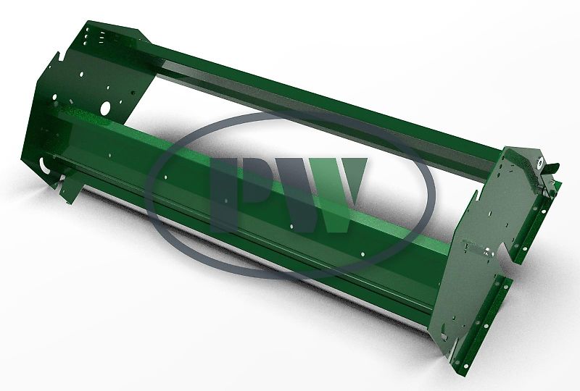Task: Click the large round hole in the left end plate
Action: coord(107,108)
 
